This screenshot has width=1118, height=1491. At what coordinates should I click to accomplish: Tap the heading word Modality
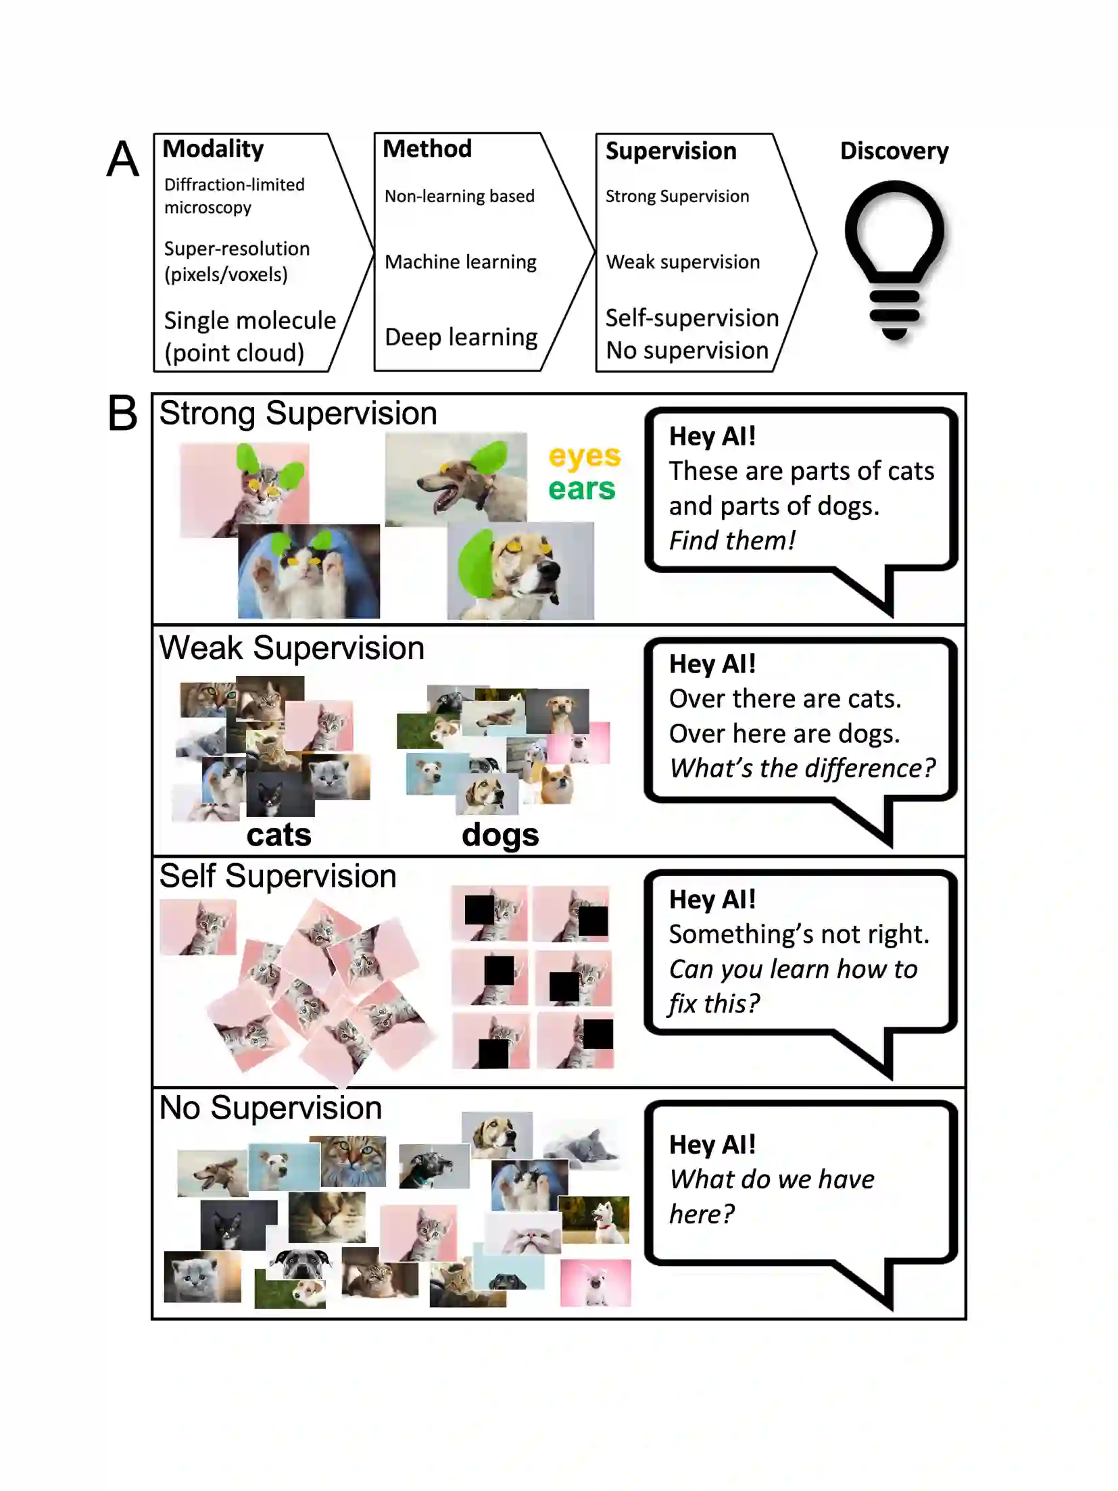pos(213,149)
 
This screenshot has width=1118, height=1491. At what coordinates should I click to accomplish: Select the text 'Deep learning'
pos(461,337)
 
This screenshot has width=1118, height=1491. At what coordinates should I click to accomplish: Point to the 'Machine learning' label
pos(460,262)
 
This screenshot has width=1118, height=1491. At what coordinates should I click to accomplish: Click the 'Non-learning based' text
pos(459,196)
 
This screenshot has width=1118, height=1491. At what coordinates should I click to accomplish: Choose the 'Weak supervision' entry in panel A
pos(683,262)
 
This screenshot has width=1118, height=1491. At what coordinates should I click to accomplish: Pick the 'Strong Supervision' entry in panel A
pos(677,196)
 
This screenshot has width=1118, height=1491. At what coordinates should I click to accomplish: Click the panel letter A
pos(122,160)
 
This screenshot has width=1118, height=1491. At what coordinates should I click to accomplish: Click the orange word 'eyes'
pos(584,456)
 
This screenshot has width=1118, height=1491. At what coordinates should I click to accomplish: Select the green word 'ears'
pos(581,489)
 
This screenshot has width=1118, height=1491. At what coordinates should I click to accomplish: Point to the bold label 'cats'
pos(278,835)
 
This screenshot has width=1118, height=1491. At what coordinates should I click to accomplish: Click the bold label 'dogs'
pos(500,835)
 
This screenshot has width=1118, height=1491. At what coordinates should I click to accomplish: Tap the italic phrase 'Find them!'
pos(732,541)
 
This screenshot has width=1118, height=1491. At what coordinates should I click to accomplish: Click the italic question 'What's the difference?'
pos(802,768)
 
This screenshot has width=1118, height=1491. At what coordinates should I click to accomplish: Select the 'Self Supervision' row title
pos(277,876)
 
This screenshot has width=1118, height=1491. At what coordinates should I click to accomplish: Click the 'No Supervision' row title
pos(270,1108)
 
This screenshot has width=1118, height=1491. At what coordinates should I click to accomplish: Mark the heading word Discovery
pos(894,151)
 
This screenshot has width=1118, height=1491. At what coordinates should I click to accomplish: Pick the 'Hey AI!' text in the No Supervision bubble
pos(712,1145)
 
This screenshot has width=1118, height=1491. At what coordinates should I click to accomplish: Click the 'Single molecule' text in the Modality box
pos(249,320)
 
